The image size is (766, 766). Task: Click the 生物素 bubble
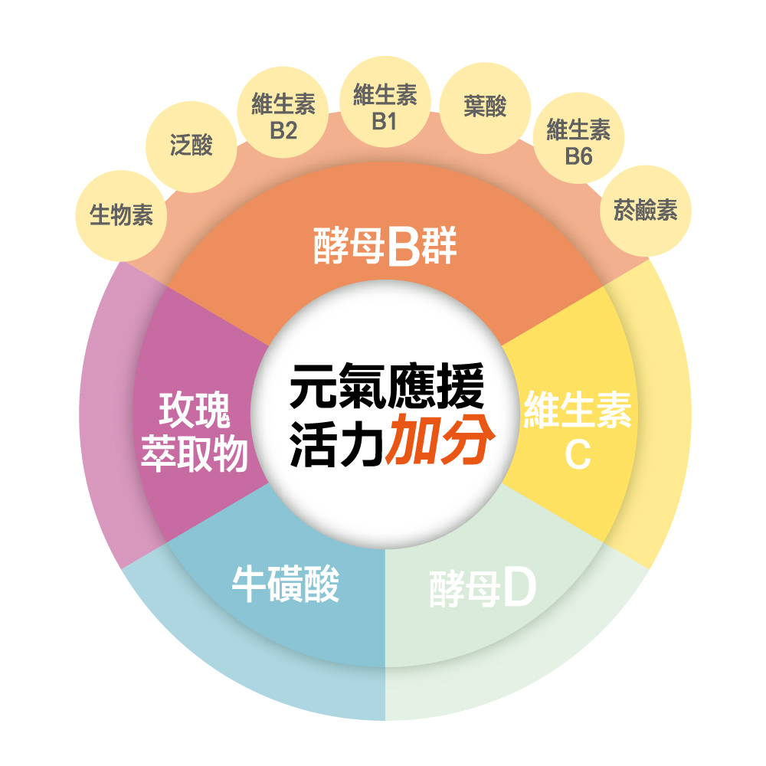pos(121,215)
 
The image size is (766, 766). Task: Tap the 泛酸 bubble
pos(191,146)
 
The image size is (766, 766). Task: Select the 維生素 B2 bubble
pos(283,113)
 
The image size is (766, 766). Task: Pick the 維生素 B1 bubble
pos(385,102)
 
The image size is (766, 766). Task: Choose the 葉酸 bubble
pos(485,108)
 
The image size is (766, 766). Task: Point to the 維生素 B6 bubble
pos(578,138)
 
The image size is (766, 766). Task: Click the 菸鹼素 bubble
pos(645,211)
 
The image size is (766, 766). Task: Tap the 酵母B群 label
pos(385,246)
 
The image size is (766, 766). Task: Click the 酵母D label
pos(483,588)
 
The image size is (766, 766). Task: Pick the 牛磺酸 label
pos(286,584)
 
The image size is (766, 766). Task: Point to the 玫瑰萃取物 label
pos(195,432)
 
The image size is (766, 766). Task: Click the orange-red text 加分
pos(440,439)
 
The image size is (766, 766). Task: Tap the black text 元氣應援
pos(387,386)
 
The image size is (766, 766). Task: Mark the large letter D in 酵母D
pos(519,588)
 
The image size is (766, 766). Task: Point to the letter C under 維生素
pos(578,455)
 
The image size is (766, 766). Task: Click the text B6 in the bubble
pos(578,156)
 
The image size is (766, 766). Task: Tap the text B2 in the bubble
pos(283,130)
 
